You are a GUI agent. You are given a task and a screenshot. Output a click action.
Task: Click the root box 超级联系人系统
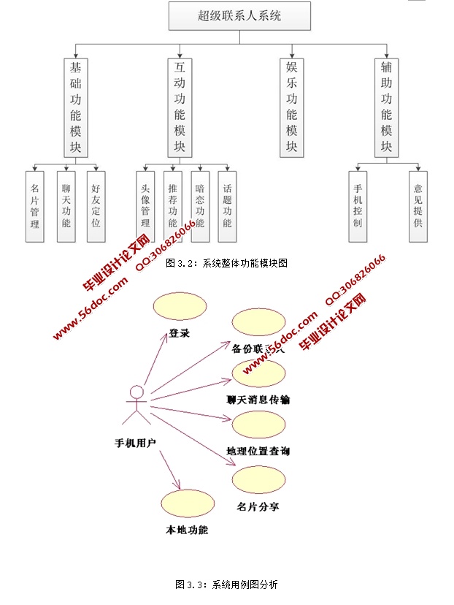pyautogui.click(x=239, y=15)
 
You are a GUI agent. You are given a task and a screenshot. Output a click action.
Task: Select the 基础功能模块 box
pyautogui.click(x=76, y=107)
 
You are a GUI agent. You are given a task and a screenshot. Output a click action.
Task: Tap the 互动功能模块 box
pyautogui.click(x=180, y=107)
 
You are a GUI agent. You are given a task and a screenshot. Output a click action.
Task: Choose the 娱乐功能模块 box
pyautogui.click(x=291, y=107)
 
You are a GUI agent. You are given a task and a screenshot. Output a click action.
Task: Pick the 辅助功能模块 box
pyautogui.click(x=386, y=107)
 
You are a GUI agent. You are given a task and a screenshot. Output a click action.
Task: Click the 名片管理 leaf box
pyautogui.click(x=35, y=207)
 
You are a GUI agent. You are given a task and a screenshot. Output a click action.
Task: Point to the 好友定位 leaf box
pyautogui.click(x=96, y=207)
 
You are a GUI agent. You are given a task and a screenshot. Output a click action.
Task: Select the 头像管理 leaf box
pyautogui.click(x=145, y=207)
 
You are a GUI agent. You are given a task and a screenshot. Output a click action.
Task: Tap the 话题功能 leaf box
pyautogui.click(x=227, y=207)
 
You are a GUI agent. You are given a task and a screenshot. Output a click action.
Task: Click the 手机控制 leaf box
pyautogui.click(x=357, y=207)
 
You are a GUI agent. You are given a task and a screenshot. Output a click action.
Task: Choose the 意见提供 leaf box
pyautogui.click(x=418, y=207)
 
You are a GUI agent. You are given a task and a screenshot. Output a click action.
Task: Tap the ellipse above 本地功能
pyautogui.click(x=186, y=505)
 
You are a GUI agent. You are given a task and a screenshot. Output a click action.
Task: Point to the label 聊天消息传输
pyautogui.click(x=258, y=400)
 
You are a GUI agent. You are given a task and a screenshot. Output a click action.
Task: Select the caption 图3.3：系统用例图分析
pyautogui.click(x=226, y=584)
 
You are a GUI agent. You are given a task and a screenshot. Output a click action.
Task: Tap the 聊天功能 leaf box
pyautogui.click(x=66, y=207)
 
